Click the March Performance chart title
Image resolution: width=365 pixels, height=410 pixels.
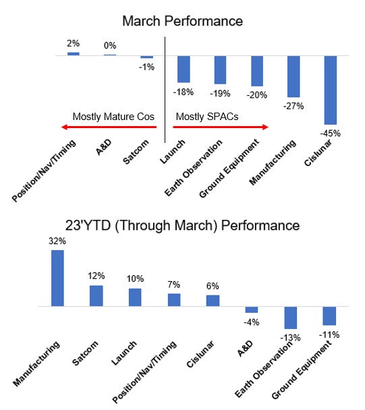[x=182, y=21]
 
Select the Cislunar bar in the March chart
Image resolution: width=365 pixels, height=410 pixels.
[x=330, y=89]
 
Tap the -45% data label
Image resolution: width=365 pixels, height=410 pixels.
[x=331, y=133]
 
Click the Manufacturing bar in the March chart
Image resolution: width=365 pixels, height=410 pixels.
[x=293, y=76]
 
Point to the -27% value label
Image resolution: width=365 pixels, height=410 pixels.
[x=293, y=106]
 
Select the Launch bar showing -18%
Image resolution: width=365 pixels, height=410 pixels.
[x=184, y=69]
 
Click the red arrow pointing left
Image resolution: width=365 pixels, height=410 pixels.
[x=107, y=127]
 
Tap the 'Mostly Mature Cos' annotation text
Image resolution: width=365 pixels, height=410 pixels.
[x=113, y=116]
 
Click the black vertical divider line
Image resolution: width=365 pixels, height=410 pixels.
[x=165, y=94]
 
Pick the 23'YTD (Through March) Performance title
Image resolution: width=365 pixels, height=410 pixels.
[x=182, y=225]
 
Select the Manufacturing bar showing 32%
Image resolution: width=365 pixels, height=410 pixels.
[x=58, y=278]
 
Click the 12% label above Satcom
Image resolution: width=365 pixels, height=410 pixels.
[x=96, y=275]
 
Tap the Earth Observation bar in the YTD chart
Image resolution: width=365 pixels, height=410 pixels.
[x=291, y=317]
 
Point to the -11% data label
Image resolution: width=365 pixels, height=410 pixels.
[x=330, y=334]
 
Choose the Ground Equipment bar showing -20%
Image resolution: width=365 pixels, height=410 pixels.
[x=256, y=71]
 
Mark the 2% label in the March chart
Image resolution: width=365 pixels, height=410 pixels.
[x=73, y=44]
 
